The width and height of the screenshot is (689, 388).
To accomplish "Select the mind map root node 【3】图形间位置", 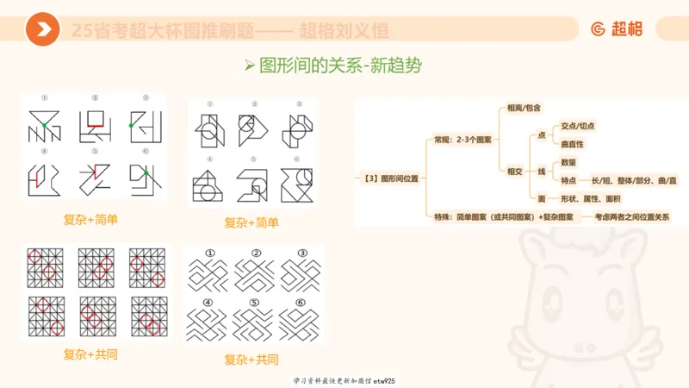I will tap(388, 178).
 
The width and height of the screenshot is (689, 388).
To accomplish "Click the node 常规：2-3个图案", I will tap(462, 139).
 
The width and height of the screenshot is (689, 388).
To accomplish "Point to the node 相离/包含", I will tap(525, 108).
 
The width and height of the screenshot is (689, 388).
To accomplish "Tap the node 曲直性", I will tap(571, 144).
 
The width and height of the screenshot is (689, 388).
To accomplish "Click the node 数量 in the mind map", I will tap(568, 162).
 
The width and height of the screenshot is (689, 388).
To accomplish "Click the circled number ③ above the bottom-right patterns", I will tap(301, 253).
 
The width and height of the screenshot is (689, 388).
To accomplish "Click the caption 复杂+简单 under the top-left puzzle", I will tap(90, 220).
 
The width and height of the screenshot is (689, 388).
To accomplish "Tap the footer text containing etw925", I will tap(344, 380).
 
